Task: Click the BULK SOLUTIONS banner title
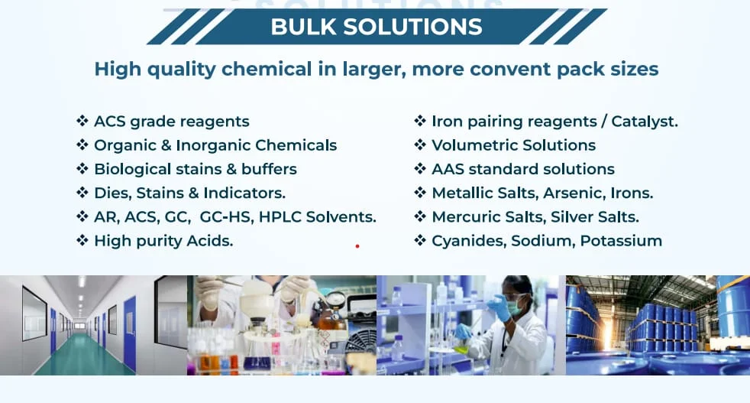point(376,27)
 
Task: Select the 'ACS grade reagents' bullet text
point(171,121)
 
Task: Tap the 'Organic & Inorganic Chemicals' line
point(215,145)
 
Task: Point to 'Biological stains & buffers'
point(195,169)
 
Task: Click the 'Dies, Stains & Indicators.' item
point(189,193)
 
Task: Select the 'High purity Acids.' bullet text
point(163,241)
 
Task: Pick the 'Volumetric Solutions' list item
point(513,145)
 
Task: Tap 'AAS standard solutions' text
point(522,169)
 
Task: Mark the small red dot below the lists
point(357,246)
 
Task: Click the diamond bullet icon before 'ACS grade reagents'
point(82,121)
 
